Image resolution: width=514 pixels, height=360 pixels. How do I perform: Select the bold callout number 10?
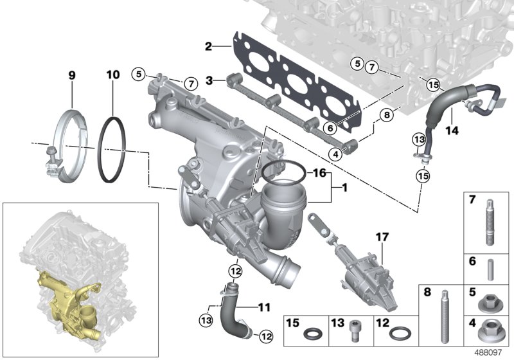pyautogui.click(x=112, y=75)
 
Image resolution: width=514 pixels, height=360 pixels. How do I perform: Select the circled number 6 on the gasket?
pyautogui.click(x=329, y=128)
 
